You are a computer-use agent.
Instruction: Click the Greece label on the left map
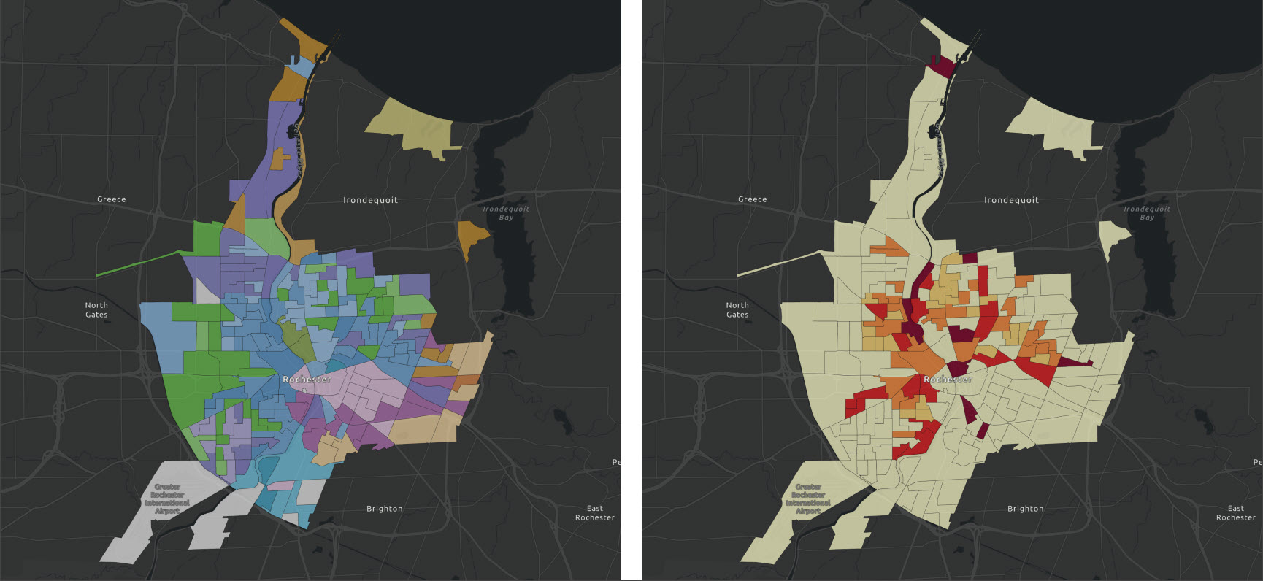112,199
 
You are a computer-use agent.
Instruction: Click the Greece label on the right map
753,199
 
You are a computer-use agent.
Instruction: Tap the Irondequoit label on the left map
371,200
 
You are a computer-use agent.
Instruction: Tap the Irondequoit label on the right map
1012,200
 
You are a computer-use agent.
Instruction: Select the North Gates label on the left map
96,310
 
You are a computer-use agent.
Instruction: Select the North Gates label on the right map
737,310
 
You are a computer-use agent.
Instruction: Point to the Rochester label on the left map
307,380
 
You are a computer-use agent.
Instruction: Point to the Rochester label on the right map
948,380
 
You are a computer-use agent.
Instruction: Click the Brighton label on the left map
385,509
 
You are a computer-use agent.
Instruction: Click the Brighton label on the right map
1026,509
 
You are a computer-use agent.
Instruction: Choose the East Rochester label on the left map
595,513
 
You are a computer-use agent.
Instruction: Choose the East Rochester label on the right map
1236,513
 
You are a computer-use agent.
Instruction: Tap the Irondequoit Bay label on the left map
506,213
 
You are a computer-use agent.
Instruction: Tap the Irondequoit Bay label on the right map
1147,213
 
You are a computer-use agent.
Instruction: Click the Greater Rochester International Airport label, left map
167,499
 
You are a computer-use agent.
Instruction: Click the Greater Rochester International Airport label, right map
808,499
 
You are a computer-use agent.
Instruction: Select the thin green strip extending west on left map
139,263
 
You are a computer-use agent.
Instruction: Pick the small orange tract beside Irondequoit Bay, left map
472,235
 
